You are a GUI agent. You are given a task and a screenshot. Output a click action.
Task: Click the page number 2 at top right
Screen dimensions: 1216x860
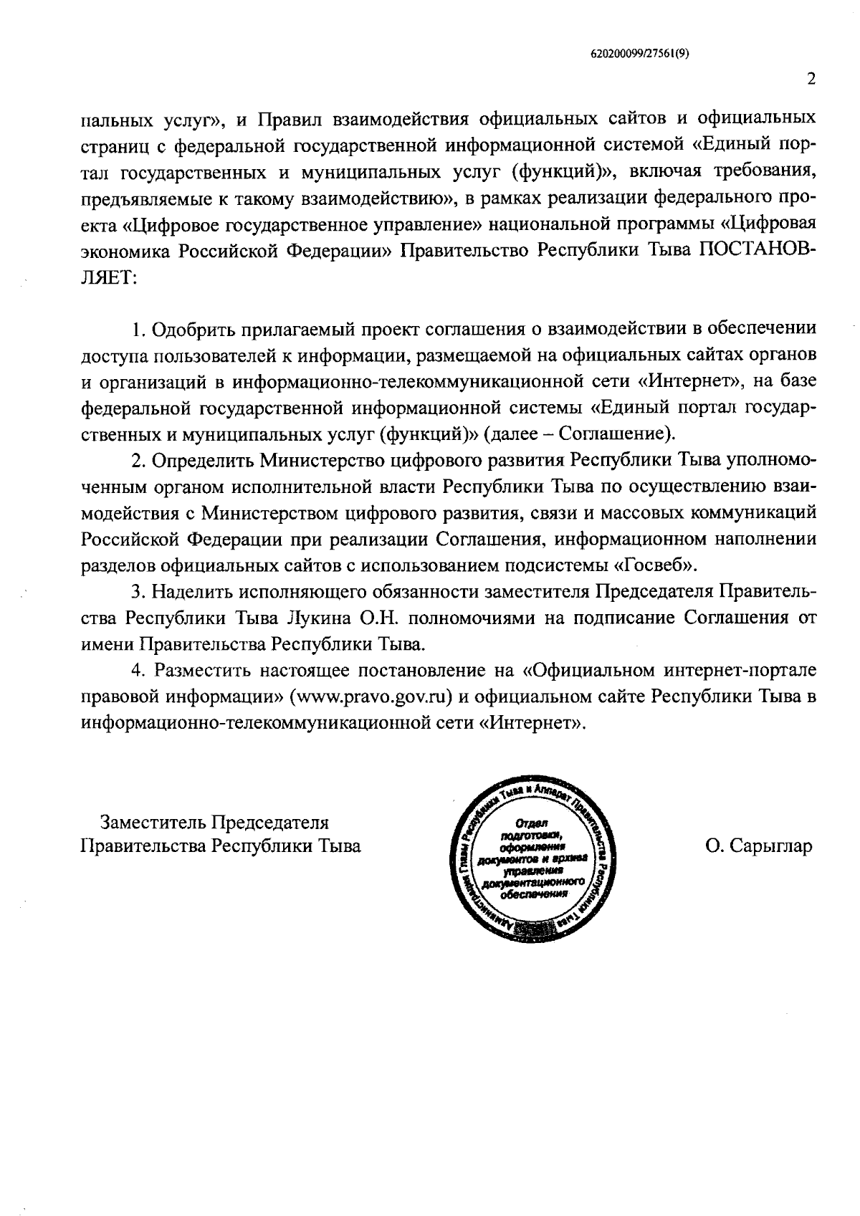(811, 80)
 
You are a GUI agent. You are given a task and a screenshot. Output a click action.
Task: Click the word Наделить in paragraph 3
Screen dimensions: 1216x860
(191, 593)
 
